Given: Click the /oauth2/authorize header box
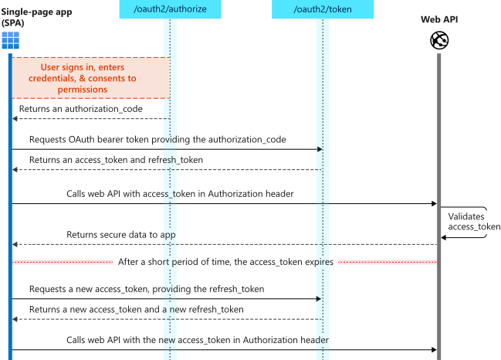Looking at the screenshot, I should [170, 9].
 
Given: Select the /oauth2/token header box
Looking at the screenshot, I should [322, 9].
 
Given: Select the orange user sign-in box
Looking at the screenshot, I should [90, 77].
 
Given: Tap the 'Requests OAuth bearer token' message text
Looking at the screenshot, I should [157, 139].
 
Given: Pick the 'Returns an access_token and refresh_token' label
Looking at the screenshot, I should [117, 159].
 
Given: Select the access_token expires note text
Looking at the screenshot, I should [225, 262].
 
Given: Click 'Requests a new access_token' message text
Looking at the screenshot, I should [147, 288].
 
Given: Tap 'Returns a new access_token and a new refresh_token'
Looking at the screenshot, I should [137, 309].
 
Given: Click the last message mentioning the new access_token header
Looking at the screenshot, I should [198, 339].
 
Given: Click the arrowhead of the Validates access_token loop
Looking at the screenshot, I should [444, 238].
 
